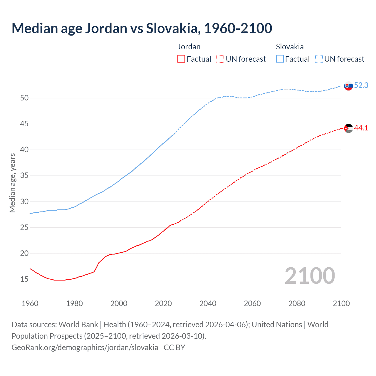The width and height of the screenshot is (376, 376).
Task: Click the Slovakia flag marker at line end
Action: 348,86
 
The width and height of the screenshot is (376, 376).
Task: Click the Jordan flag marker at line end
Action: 348,128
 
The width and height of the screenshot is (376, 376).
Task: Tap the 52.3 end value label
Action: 361,85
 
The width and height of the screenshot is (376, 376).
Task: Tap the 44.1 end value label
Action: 361,128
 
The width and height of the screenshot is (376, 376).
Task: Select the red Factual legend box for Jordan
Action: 181,59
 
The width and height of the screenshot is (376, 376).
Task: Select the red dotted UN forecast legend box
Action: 220,59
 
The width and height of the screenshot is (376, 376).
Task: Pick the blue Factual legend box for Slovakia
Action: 280,59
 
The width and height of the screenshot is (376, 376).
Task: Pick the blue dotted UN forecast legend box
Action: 319,59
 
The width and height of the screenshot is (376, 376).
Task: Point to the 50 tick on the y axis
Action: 24,98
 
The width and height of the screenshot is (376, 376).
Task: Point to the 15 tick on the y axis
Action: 24,279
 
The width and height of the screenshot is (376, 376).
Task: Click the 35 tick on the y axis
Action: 24,176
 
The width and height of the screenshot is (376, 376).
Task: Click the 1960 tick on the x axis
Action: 30,303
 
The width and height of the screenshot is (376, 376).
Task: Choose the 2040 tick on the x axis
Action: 208,303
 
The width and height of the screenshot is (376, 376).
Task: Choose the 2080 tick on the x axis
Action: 297,303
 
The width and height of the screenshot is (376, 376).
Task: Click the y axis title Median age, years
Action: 12,183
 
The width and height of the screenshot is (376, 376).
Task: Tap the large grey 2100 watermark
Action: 310,276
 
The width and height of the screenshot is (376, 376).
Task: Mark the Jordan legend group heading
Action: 189,47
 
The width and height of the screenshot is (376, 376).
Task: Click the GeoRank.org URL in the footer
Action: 85,348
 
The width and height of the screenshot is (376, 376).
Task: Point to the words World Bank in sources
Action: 78,325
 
